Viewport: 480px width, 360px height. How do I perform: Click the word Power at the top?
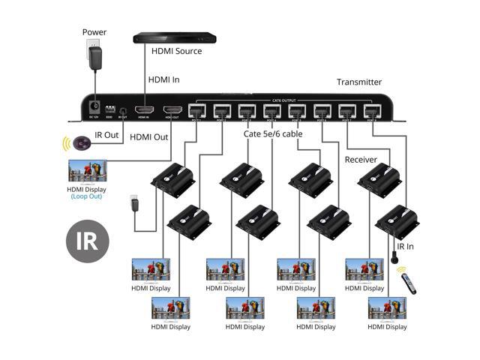point(94,33)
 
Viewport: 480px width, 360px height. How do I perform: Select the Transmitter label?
point(359,82)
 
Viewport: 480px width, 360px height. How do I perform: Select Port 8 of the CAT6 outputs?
point(372,110)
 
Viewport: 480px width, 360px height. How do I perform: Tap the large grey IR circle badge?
point(87,241)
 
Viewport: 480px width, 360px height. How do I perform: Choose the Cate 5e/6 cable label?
point(273,135)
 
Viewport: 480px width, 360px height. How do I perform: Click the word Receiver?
point(361,160)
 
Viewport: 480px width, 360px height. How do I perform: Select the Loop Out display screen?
point(87,170)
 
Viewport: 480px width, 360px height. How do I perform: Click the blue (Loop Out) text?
point(88,196)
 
